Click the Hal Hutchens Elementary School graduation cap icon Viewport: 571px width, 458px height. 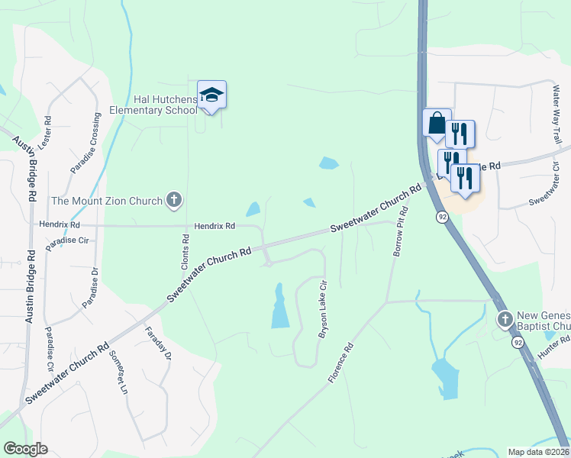pyautogui.click(x=211, y=95)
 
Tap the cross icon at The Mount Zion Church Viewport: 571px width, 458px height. pyautogui.click(x=174, y=201)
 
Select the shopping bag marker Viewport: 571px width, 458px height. pyautogui.click(x=436, y=123)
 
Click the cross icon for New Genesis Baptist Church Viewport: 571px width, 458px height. pyautogui.click(x=504, y=318)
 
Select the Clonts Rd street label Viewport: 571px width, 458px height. pyautogui.click(x=185, y=249)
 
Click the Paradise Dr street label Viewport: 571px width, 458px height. pyautogui.click(x=95, y=287)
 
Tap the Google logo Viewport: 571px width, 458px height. pyautogui.click(x=25, y=449)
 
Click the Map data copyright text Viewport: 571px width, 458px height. pyautogui.click(x=538, y=452)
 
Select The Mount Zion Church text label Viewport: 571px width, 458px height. pyautogui.click(x=107, y=202)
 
